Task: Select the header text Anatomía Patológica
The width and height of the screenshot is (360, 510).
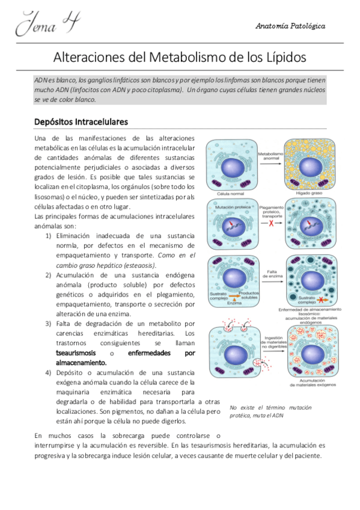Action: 290,26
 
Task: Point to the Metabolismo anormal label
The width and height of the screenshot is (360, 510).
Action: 270,158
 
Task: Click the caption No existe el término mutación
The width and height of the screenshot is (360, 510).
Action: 270,407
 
